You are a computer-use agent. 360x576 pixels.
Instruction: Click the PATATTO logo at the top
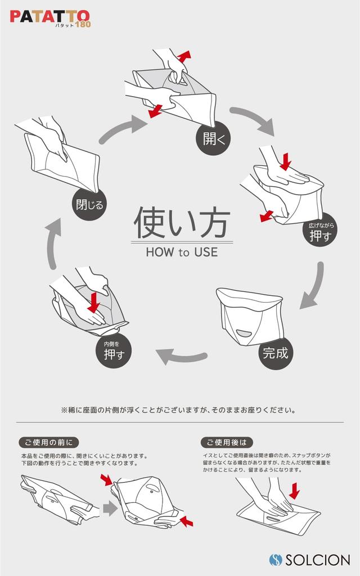coord(50,17)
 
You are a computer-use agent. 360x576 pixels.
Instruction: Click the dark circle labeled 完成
coord(276,353)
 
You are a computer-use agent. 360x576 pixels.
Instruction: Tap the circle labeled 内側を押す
coord(114,351)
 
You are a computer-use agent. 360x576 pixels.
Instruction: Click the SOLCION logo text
coord(317,560)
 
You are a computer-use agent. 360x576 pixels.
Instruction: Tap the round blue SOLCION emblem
coord(276,560)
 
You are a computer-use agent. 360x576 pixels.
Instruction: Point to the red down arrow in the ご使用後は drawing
coord(294,492)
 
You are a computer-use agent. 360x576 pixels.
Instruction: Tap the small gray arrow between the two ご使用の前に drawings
coord(109,510)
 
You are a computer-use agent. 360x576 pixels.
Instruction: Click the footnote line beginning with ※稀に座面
coord(178,410)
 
